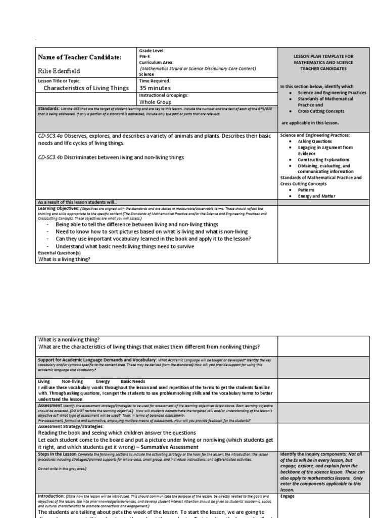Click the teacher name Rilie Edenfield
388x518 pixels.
(59, 71)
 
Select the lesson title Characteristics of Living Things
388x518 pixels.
(86, 88)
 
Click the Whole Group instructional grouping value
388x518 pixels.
(157, 102)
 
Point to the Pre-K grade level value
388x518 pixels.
(145, 57)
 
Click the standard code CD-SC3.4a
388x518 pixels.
(52, 136)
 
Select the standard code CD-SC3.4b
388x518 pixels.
(52, 158)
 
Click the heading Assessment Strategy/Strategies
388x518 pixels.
(71, 426)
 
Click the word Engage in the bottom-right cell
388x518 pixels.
(287, 496)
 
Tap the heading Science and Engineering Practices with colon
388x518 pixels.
(315, 135)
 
